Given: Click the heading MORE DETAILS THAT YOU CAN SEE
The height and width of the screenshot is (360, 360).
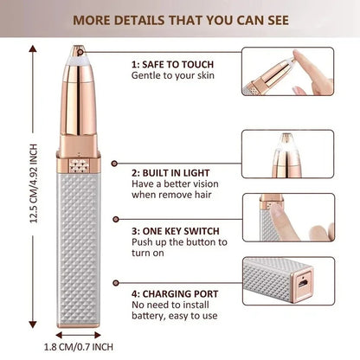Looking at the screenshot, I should (180, 16).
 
